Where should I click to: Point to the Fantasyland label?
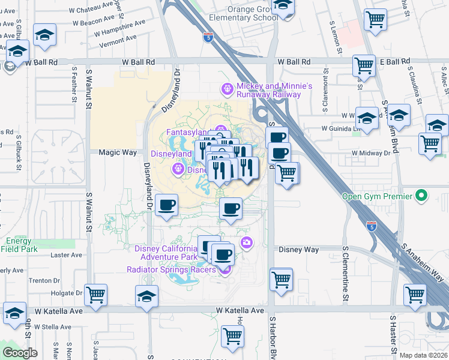point(187,132)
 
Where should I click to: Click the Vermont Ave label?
point(117,37)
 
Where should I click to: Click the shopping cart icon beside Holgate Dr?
point(96,295)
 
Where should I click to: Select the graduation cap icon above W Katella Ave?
point(146,296)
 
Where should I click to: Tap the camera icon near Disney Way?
point(246,242)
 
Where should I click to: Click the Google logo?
point(20,352)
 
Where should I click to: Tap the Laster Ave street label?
point(62,254)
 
